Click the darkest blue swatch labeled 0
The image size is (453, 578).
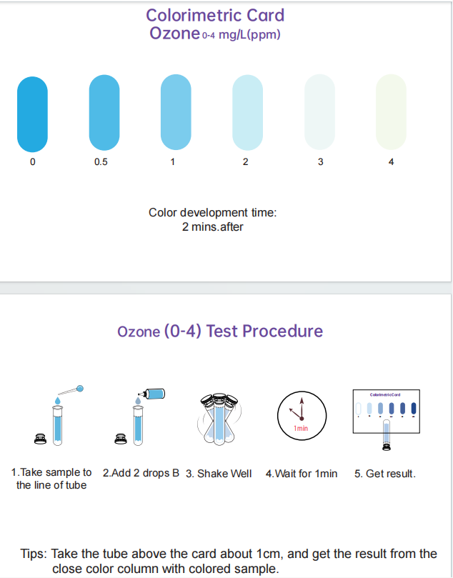tap(32, 114)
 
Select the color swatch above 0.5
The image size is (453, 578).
tap(104, 113)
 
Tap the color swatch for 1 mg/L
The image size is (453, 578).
tap(176, 112)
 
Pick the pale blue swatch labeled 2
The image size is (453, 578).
tap(247, 113)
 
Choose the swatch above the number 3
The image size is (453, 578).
tap(319, 112)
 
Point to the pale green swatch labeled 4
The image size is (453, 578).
tap(391, 112)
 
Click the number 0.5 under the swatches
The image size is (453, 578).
tap(101, 161)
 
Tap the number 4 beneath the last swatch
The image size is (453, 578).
tap(391, 161)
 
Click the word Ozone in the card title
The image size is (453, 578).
tap(175, 33)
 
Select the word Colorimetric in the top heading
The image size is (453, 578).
tap(192, 16)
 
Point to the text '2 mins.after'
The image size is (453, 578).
tap(213, 226)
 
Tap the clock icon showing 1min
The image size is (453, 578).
tap(302, 415)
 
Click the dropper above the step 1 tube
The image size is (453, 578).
tap(71, 390)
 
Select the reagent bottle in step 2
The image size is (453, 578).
tap(154, 394)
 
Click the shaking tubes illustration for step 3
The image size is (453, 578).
tap(219, 419)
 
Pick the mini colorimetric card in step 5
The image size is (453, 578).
tap(387, 412)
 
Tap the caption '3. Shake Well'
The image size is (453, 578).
tap(219, 474)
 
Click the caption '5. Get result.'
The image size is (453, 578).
tap(385, 474)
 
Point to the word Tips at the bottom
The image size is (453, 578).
tap(34, 554)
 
